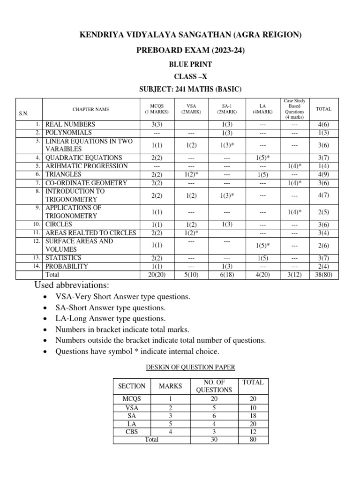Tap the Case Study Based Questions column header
pyautogui.click(x=294, y=109)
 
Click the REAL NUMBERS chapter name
pyautogui.click(x=70, y=125)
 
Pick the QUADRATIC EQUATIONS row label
pyautogui.click(x=83, y=158)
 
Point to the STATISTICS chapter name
pyautogui.click(x=63, y=258)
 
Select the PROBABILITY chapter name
pyautogui.click(x=67, y=266)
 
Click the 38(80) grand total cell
pyautogui.click(x=323, y=275)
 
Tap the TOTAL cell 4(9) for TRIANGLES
pyautogui.click(x=323, y=174)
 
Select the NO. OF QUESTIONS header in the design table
pyautogui.click(x=214, y=386)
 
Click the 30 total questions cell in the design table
pyautogui.click(x=214, y=440)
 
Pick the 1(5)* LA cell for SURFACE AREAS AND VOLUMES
pyautogui.click(x=263, y=245)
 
